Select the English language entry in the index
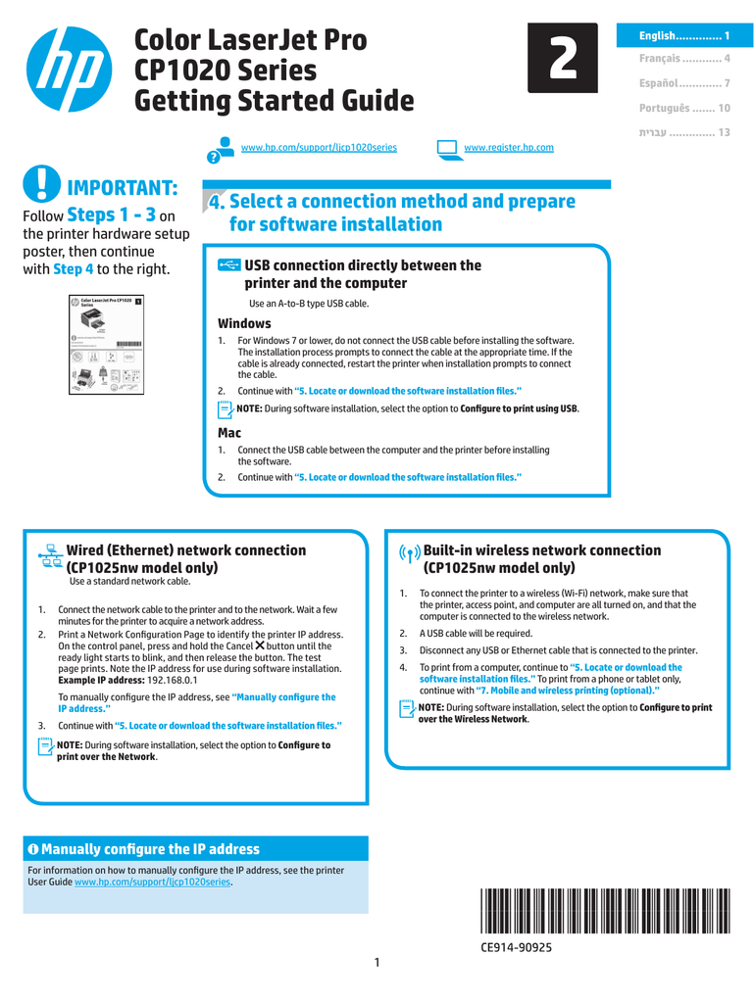[x=683, y=36]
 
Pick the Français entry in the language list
[x=683, y=60]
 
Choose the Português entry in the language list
[x=683, y=108]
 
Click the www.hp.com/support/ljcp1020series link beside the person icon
[x=319, y=148]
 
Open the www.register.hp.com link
[x=508, y=148]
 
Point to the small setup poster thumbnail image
[x=106, y=343]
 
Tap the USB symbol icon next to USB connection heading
[x=228, y=265]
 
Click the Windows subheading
[x=244, y=323]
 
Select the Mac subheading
[x=228, y=432]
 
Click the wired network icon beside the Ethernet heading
[x=50, y=555]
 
